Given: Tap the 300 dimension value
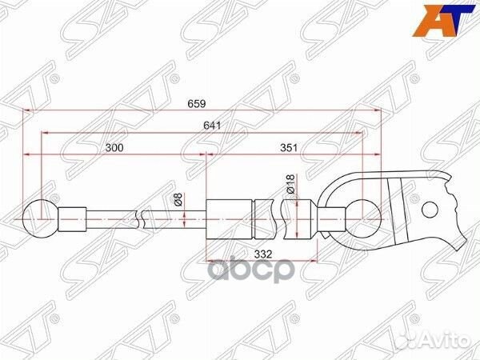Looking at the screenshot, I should click(115, 147).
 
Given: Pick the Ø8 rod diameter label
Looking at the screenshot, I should click(178, 201).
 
